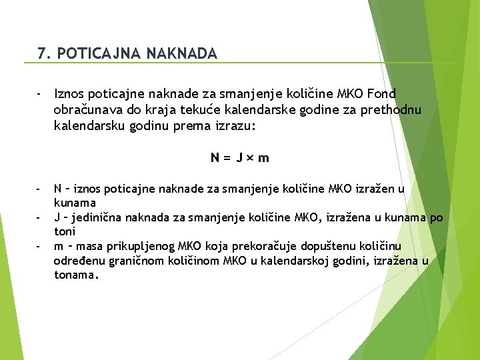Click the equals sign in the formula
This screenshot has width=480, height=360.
(227, 158)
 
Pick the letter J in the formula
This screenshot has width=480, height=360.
(239, 158)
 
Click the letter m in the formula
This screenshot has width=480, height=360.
(264, 158)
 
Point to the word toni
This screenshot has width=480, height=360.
(65, 231)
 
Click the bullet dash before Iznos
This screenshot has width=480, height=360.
(40, 94)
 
